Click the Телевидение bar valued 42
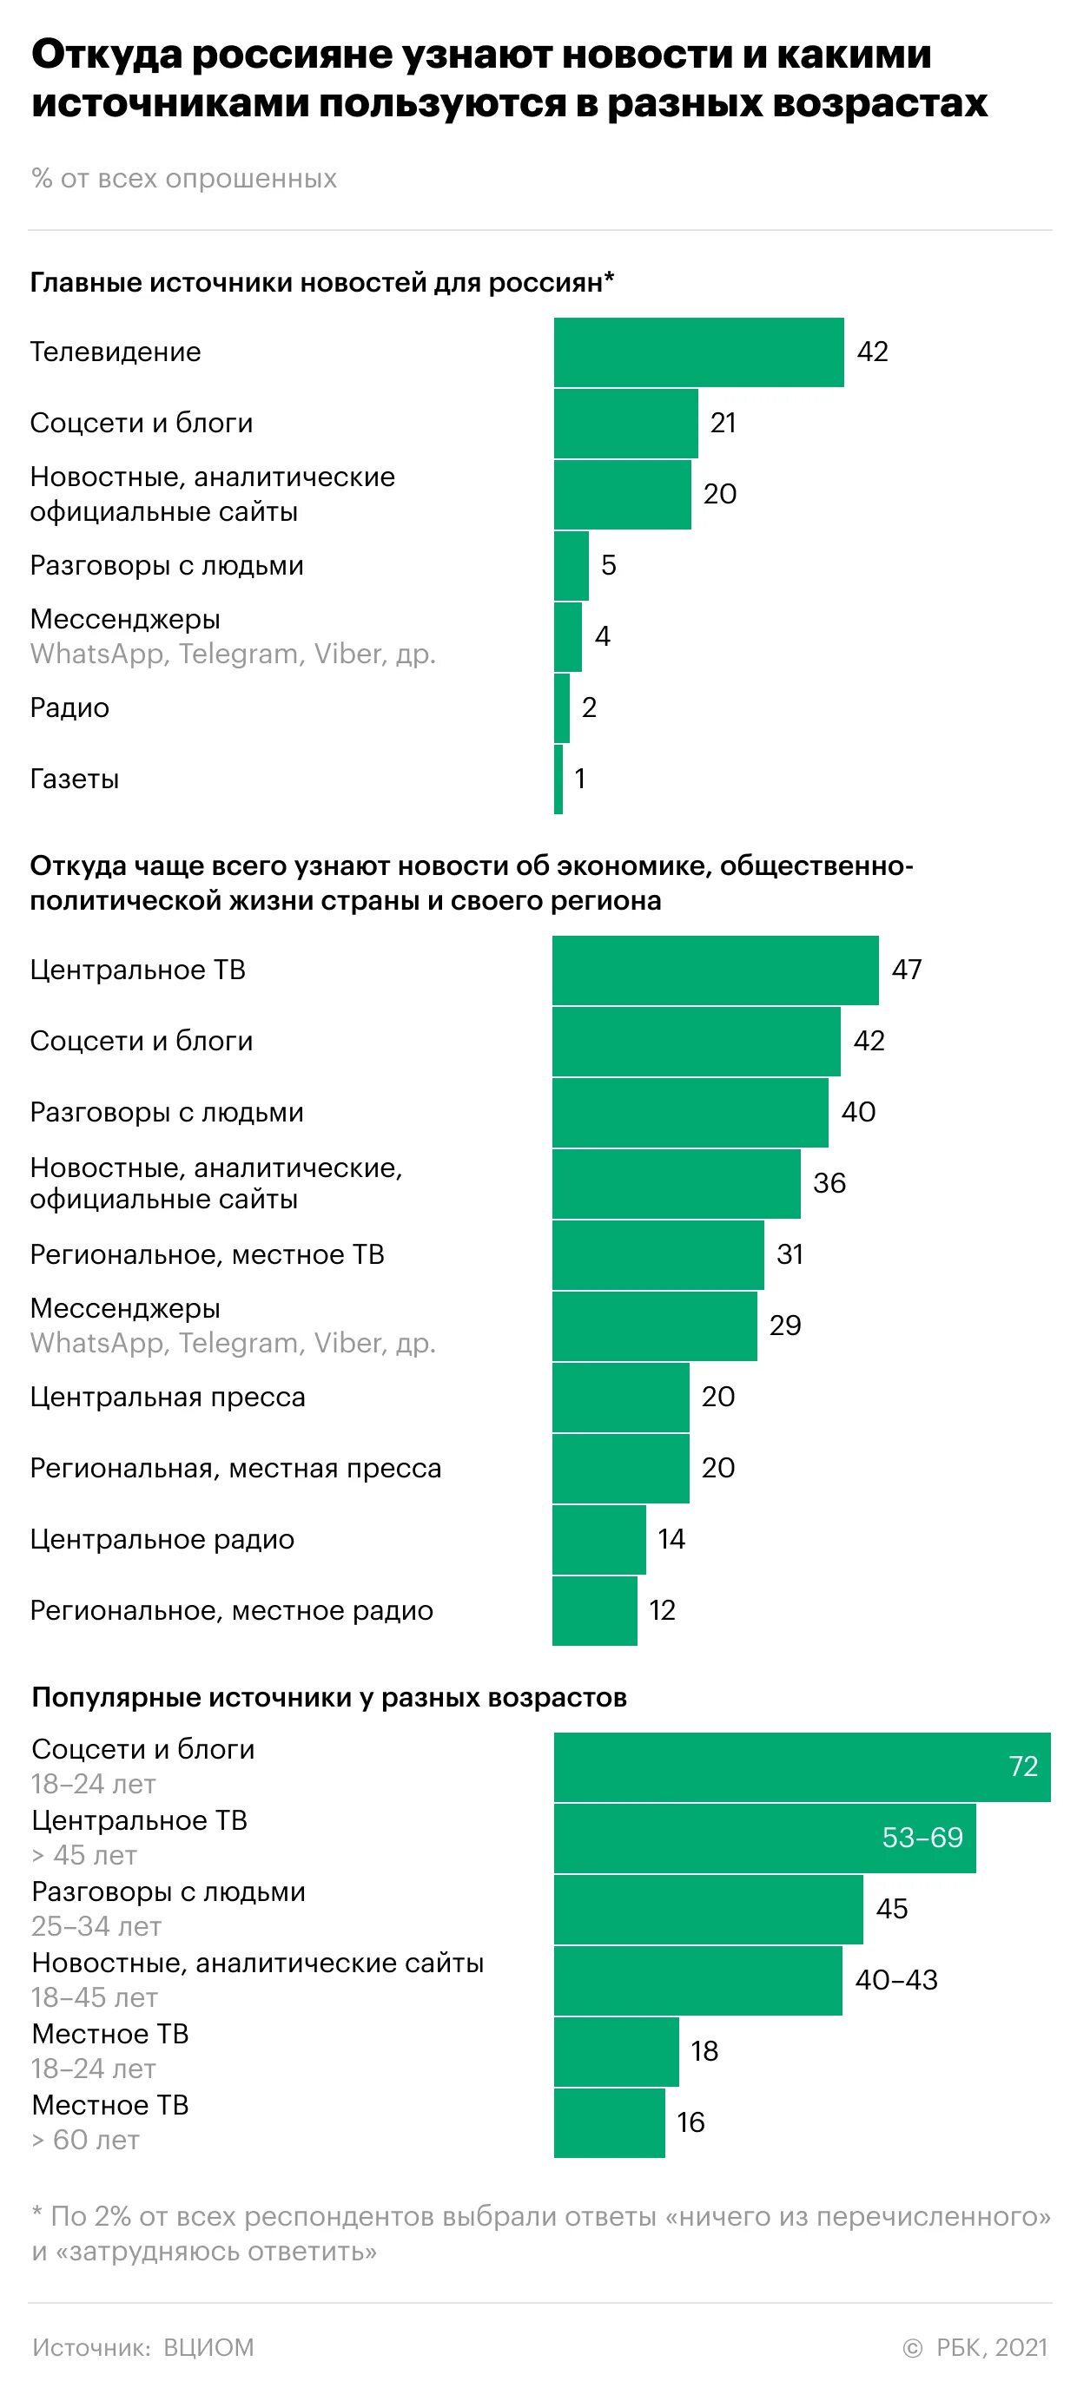coord(698,352)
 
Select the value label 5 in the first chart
coord(608,565)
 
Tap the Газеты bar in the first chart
coord(558,780)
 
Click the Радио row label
coord(70,707)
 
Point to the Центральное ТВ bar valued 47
coord(715,970)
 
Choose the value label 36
coord(829,1183)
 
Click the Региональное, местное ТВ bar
coord(657,1254)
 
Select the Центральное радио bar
coord(598,1539)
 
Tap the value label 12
coord(662,1609)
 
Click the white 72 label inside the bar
coord(1023,1766)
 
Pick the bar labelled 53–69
coord(764,1838)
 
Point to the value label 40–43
coord(896,1980)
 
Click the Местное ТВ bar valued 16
coord(609,2122)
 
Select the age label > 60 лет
coord(86,2140)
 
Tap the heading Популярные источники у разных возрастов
coord(329,1697)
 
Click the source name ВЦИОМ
coord(208,2347)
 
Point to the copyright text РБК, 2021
coord(991,2347)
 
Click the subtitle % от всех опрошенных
coord(183,178)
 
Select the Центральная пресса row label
coord(168,1398)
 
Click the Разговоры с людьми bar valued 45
coord(708,1909)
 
